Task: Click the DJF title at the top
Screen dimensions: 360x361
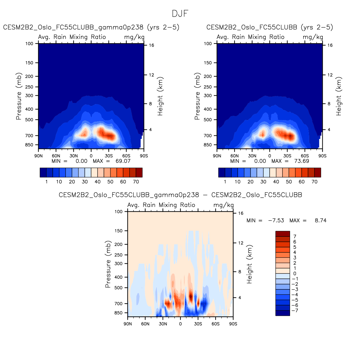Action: [180, 14]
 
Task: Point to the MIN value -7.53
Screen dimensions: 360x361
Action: [276, 220]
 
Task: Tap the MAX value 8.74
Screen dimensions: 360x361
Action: [321, 220]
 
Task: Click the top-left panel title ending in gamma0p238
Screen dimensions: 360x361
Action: [91, 27]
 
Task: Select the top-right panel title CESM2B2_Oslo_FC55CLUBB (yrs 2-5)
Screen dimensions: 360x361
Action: [270, 27]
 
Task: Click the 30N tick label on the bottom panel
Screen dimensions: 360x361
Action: [163, 324]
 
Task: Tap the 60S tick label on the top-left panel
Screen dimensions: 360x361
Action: [126, 156]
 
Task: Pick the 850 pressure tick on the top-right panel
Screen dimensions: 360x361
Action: [208, 145]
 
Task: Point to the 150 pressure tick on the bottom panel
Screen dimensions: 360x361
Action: [118, 231]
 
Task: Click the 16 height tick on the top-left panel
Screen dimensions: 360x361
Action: [152, 45]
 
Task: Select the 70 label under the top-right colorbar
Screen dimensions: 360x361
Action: [315, 182]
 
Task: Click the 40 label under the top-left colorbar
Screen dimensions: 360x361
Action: [98, 182]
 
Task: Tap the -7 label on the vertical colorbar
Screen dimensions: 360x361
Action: [295, 310]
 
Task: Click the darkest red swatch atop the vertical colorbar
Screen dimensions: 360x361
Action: [283, 234]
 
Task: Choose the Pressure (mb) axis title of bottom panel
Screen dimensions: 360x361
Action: [108, 264]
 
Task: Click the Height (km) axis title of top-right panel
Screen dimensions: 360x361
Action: [339, 96]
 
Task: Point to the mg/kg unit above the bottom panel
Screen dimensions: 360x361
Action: [224, 205]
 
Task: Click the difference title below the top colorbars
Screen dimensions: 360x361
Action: [180, 195]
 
